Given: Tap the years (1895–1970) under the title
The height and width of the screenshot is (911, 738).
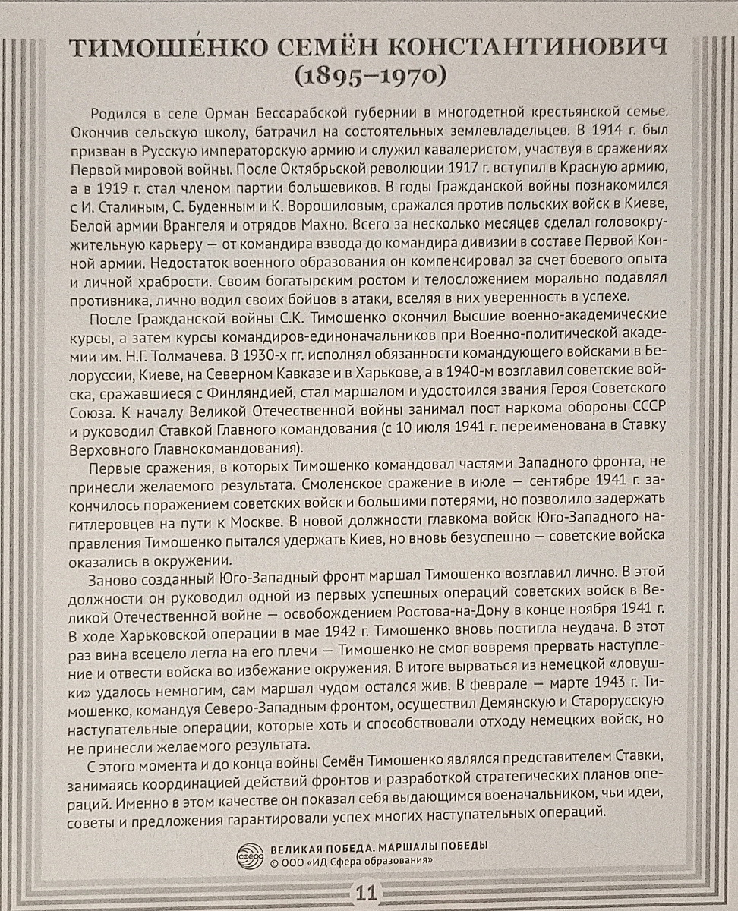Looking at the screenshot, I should point(368,77).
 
